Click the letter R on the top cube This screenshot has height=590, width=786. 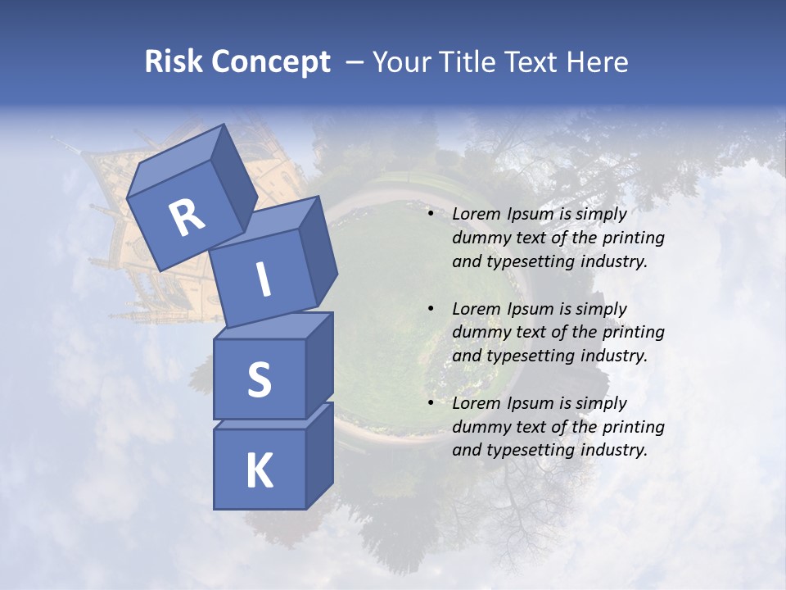click(x=187, y=218)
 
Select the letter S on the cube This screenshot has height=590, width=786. click(x=259, y=379)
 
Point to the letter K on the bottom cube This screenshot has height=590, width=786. click(x=259, y=471)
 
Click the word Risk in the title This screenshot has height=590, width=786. click(x=174, y=62)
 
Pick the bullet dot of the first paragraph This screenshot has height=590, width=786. click(x=431, y=215)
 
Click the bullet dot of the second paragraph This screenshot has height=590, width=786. click(x=431, y=309)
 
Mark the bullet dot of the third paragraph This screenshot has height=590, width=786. click(x=431, y=403)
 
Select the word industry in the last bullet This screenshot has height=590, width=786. click(x=613, y=450)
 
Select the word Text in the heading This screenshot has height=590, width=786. click(x=535, y=62)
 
